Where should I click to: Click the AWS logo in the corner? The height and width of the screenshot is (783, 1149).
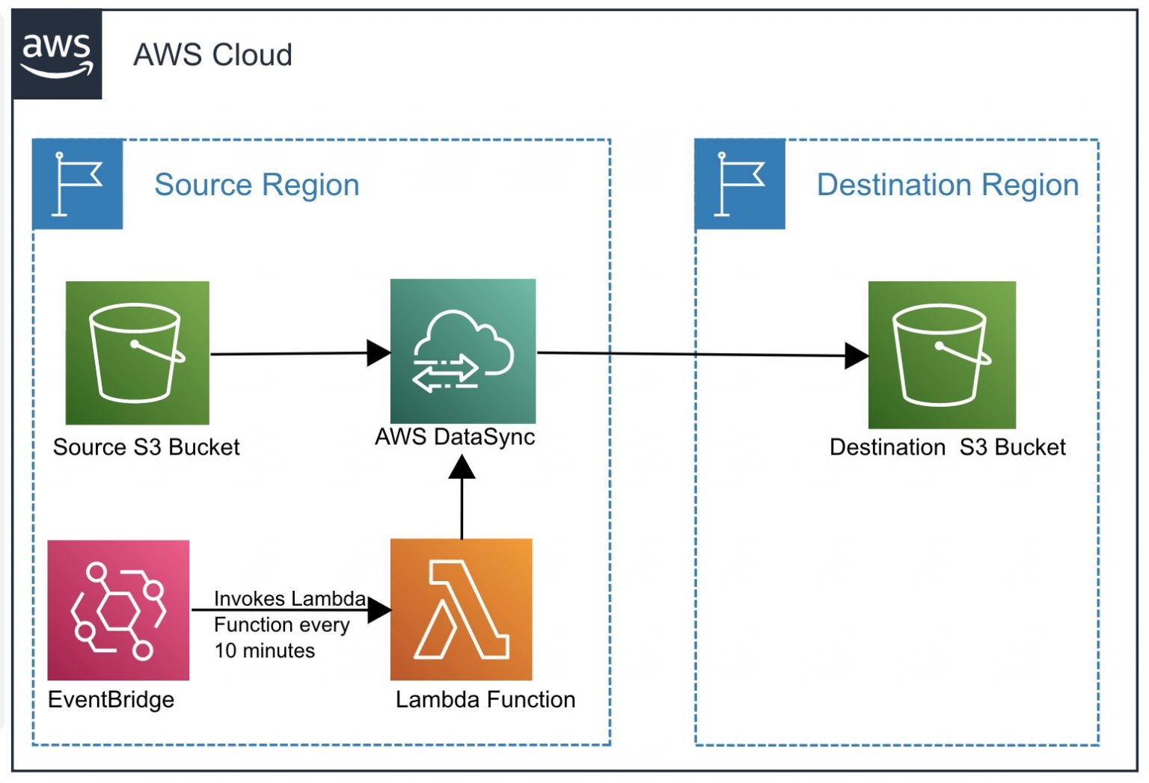(x=57, y=55)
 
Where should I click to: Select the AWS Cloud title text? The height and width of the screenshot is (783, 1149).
(x=212, y=55)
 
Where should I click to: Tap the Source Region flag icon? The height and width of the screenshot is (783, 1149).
(x=78, y=184)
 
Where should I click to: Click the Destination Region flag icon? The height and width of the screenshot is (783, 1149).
(x=740, y=184)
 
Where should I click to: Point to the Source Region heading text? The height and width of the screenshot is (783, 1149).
(x=257, y=185)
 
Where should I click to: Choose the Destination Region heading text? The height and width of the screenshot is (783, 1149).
(x=947, y=185)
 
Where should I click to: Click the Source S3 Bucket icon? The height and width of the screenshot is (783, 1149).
(x=138, y=353)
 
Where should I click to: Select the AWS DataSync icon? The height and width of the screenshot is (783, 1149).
(x=463, y=351)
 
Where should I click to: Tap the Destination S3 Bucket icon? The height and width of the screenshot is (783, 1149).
(x=942, y=354)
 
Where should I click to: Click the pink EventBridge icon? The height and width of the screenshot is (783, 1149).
(x=118, y=610)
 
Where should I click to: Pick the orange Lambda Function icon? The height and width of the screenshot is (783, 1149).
(x=462, y=609)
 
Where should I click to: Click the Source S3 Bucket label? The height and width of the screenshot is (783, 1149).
(x=147, y=447)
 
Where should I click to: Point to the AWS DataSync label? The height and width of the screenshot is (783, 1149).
(x=455, y=437)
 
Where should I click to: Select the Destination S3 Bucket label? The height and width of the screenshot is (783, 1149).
(x=947, y=447)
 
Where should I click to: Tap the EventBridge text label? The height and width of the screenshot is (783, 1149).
(x=111, y=699)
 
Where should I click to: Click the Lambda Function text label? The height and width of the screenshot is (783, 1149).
(x=485, y=699)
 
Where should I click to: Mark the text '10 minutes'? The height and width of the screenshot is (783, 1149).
(x=265, y=651)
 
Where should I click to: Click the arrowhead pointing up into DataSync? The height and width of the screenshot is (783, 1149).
(x=462, y=467)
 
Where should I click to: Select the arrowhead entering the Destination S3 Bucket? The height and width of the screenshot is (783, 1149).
(x=856, y=356)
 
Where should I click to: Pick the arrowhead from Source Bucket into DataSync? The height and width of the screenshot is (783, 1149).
(x=379, y=353)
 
